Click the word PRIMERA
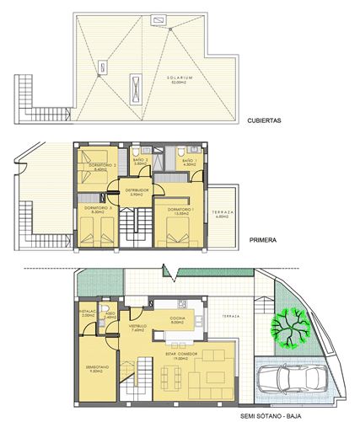pyautogui.click(x=264, y=239)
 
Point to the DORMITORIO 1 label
pyautogui.click(x=182, y=211)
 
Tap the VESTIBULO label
pyautogui.click(x=137, y=328)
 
